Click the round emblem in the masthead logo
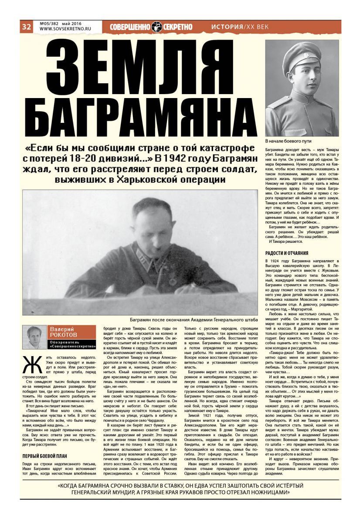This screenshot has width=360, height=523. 157,27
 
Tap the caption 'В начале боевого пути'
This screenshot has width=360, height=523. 288,142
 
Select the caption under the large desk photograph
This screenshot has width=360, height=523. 188,319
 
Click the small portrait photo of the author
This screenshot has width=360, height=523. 34,337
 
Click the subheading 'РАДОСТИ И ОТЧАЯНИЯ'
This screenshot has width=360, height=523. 287,253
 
